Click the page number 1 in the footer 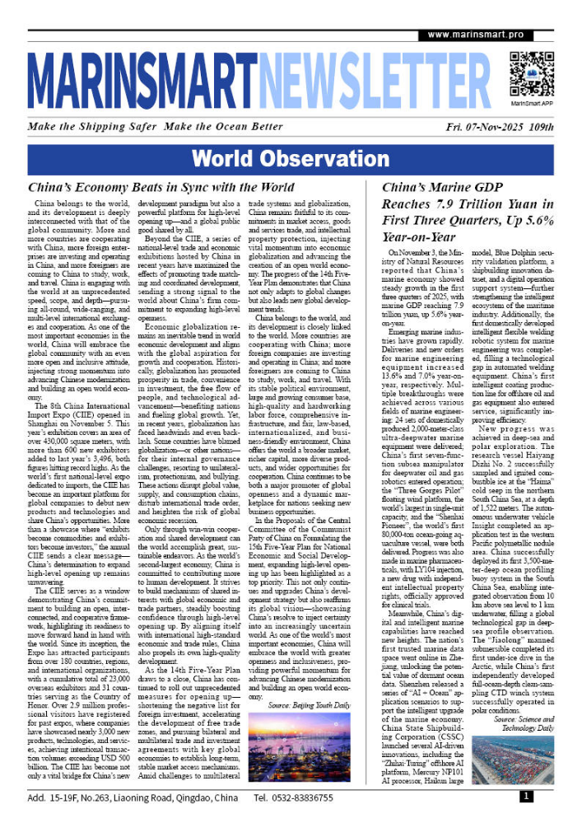525,797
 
